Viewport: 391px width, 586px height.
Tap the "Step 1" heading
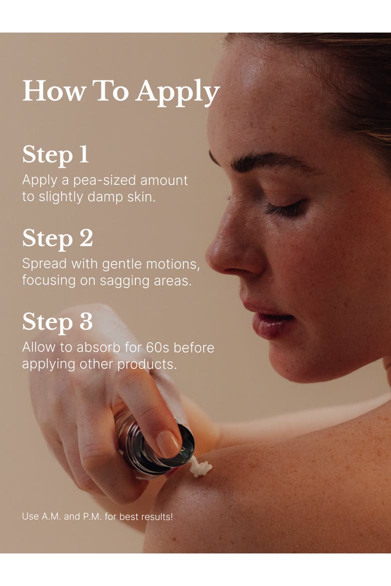(55, 155)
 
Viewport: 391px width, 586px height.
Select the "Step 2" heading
(57, 238)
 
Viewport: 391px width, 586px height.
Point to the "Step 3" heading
(57, 322)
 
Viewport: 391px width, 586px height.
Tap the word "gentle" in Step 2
(122, 264)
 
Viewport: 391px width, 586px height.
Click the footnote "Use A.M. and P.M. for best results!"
(97, 516)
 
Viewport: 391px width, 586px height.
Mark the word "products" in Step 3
(147, 365)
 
